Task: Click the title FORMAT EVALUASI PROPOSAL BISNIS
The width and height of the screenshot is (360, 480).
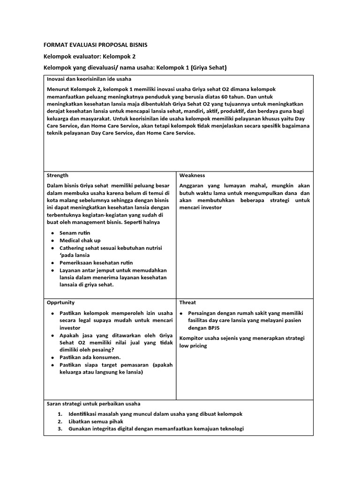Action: pos(95,45)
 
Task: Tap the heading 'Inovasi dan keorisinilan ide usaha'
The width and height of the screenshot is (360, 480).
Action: pos(89,79)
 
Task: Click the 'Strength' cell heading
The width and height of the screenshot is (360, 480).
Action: pos(57,175)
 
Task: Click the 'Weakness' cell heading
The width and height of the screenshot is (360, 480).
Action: pos(192,175)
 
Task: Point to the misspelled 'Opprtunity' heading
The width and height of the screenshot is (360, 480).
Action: pos(60,302)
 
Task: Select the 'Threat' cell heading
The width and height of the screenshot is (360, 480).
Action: pos(187,302)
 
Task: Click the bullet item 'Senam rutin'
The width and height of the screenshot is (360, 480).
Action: pos(75,233)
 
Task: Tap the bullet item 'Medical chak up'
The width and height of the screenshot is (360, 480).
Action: pos(80,240)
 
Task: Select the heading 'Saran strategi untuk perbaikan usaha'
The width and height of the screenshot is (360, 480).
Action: pos(93,404)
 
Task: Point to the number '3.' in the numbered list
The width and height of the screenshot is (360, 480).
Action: pos(60,429)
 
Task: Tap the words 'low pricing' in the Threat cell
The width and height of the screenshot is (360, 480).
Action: pos(193,345)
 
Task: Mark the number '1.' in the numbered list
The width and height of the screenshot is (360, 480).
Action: pos(60,414)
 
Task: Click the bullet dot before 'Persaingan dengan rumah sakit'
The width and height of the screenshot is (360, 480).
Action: pos(181,313)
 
